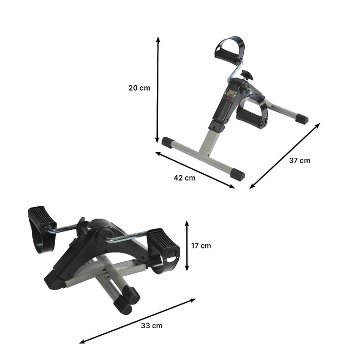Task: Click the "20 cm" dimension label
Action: pos(139,88)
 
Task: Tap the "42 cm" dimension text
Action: pos(185,178)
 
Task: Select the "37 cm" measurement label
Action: pos(299,160)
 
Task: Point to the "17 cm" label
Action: pos(201,246)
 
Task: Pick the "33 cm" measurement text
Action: pos(152,326)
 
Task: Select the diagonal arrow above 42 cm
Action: pos(195,169)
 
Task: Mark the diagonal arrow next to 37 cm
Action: pos(285,156)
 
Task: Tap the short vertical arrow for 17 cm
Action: pos(187,246)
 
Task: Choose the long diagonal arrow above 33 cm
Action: pos(137,321)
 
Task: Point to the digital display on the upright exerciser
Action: pos(230,94)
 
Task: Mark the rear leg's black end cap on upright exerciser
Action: pos(302,119)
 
